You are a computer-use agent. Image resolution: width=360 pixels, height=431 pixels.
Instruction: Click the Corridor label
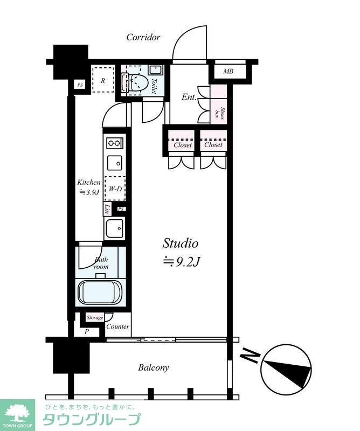(143, 37)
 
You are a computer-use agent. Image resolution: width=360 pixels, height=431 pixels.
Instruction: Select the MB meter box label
(228, 72)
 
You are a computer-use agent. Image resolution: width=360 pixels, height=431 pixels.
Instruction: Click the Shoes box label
(219, 112)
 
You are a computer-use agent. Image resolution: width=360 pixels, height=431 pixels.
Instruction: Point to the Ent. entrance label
(189, 97)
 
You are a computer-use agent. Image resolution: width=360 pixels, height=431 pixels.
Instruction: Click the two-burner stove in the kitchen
(115, 143)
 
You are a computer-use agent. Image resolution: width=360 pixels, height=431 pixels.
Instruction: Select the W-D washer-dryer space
(115, 188)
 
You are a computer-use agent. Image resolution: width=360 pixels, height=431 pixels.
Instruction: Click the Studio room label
(181, 244)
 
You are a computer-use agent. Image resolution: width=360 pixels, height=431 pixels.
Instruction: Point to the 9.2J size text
(181, 262)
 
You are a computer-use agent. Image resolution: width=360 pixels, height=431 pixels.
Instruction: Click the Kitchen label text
(88, 182)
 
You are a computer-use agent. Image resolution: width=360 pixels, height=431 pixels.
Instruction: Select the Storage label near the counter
(95, 318)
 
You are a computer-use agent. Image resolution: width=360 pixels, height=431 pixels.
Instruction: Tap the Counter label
(117, 326)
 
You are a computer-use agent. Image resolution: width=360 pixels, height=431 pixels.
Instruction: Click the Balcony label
(154, 368)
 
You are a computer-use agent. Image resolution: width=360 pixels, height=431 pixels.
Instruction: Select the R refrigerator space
(103, 79)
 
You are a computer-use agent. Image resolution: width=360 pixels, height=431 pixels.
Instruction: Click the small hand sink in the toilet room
(156, 70)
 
